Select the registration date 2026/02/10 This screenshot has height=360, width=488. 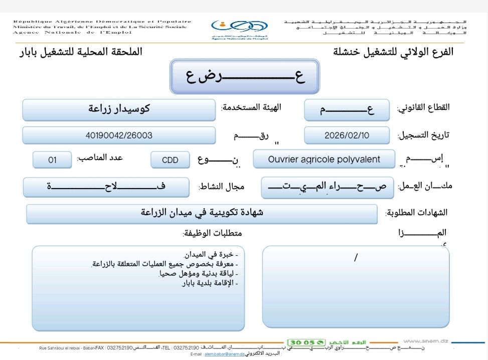coord(347,135)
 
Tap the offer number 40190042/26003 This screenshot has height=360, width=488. coord(119,135)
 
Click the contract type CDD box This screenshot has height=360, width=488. coord(170,160)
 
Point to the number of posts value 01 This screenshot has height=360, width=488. coord(52,160)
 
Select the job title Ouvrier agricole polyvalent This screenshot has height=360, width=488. coord(324,159)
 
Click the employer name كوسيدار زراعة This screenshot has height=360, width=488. coord(119,108)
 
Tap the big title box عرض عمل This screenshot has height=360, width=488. coord(244,77)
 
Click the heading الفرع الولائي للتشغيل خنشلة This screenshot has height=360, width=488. coord(393,52)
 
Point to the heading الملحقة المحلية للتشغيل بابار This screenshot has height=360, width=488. coord(80,52)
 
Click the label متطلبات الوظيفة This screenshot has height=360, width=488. coord(212,234)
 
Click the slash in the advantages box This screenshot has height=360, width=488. coord(356,258)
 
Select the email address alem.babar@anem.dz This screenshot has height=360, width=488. coord(224,354)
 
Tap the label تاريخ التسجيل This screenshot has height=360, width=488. coord(423,135)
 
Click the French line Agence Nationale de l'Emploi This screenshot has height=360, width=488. coord(72,32)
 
